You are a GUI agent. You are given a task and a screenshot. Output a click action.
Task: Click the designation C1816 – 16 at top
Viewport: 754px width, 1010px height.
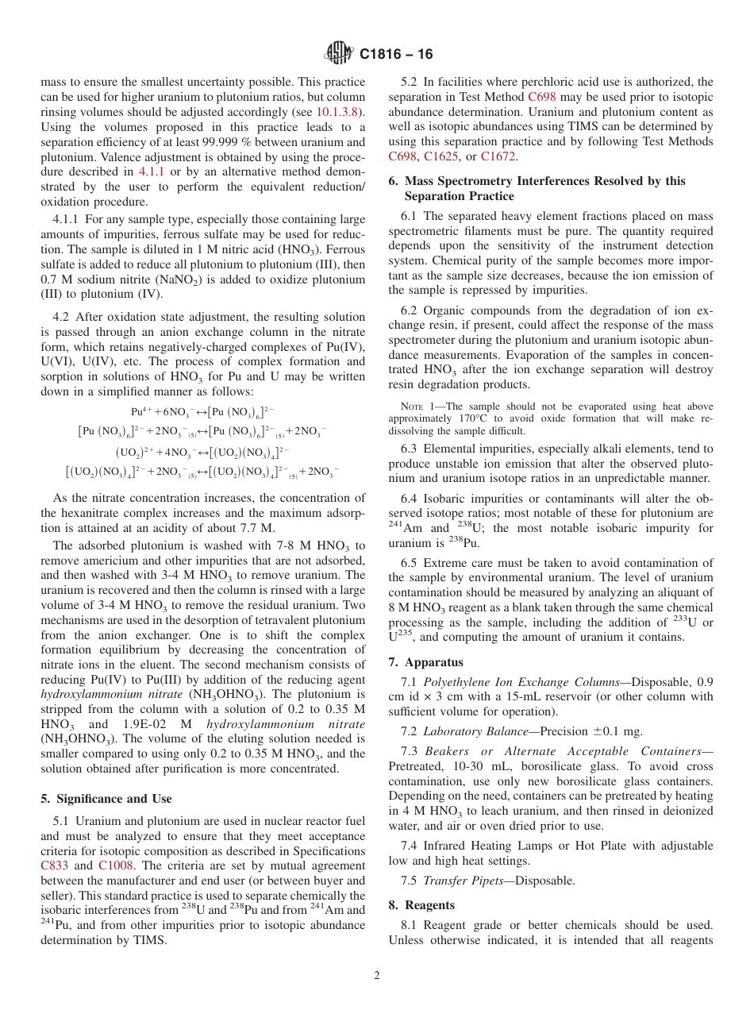coord(396,55)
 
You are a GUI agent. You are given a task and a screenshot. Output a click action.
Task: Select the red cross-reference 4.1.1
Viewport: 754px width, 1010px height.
coord(152,172)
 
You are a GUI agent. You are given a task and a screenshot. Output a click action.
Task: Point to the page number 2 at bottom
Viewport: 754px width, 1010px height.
coord(377,975)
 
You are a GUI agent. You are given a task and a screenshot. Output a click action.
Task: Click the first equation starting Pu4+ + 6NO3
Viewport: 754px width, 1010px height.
coord(202,412)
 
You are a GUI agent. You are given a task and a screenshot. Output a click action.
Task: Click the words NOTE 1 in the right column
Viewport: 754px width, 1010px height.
coord(414,407)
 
